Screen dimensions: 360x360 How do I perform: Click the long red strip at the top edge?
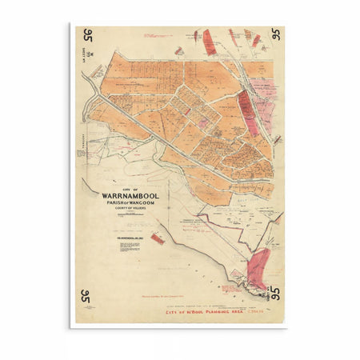[209, 42]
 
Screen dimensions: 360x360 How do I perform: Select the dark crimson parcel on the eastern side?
[248, 104]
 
